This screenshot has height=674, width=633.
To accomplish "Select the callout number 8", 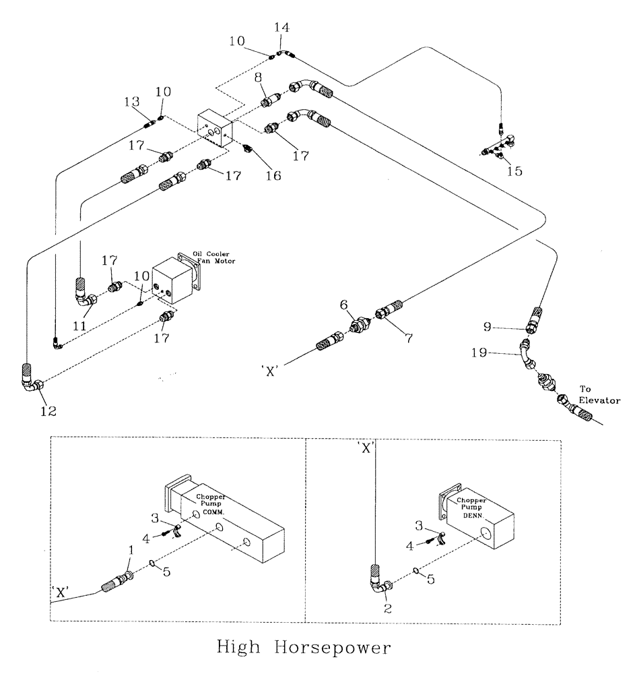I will pyautogui.click(x=257, y=78).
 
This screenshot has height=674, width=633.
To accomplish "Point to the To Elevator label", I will pyautogui.click(x=599, y=394).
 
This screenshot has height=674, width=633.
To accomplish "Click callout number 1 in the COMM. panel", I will pyautogui.click(x=131, y=551).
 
